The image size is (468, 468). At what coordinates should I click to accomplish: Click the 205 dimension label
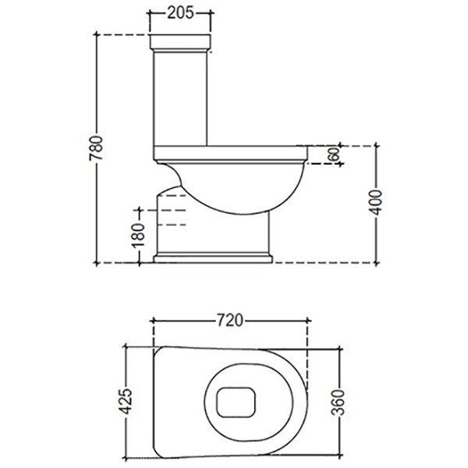(x=181, y=12)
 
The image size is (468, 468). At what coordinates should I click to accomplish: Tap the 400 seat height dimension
(x=374, y=204)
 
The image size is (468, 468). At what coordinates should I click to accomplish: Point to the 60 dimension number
(x=333, y=154)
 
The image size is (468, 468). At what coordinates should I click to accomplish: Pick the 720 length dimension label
(x=231, y=320)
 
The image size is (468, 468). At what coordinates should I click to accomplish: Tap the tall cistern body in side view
(x=180, y=97)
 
